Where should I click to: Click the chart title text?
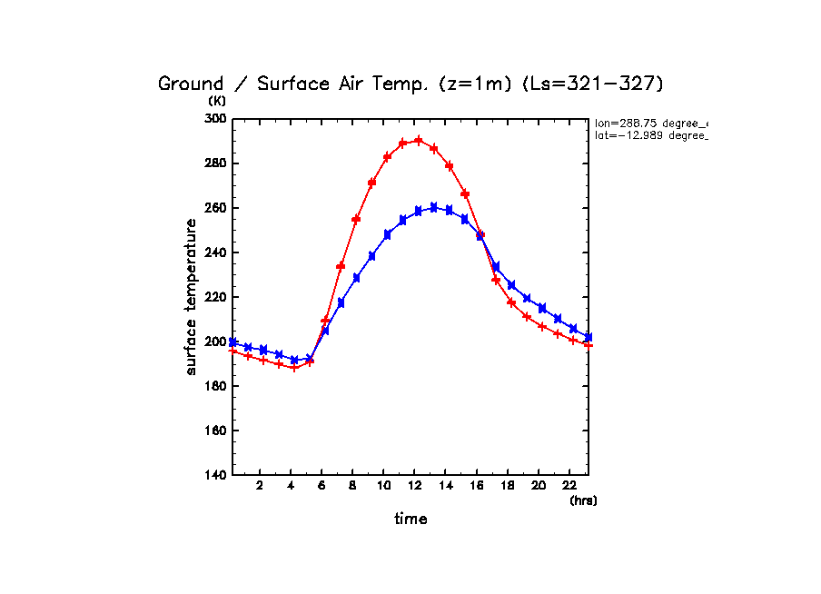(x=410, y=84)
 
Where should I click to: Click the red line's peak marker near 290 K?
(x=418, y=141)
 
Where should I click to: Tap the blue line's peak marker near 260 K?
(x=433, y=207)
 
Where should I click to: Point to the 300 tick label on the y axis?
(x=216, y=119)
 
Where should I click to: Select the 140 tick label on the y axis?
(x=216, y=475)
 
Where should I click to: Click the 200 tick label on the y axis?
(x=216, y=342)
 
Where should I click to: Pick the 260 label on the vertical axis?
(x=216, y=208)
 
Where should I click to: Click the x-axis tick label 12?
(x=414, y=485)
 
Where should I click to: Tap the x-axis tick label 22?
(x=569, y=485)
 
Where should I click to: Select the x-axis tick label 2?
(x=260, y=485)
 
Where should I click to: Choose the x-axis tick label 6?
(x=321, y=485)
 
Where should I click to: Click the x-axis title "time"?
(x=410, y=520)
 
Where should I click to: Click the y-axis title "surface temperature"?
(x=192, y=297)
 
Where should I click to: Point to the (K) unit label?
(x=216, y=101)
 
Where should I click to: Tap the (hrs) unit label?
(x=583, y=500)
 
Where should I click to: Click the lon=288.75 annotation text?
(x=650, y=122)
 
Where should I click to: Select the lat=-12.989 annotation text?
(x=650, y=135)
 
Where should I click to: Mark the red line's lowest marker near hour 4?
(x=294, y=367)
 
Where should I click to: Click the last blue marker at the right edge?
(x=588, y=337)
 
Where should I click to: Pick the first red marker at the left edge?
(x=233, y=351)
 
